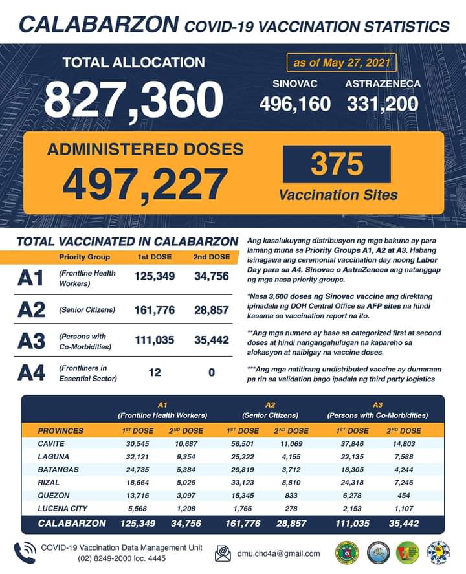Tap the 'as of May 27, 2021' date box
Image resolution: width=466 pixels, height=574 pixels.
pos(341,63)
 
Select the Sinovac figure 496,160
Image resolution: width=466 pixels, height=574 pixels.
pos(295,103)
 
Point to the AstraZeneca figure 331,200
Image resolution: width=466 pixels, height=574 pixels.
pos(382,103)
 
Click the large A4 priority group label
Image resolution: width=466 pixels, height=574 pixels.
pos(31,373)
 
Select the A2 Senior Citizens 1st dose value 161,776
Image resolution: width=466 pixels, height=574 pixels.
pos(155,310)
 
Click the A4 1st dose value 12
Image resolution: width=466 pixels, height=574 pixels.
pos(154,372)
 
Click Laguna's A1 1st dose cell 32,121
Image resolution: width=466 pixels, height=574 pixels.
pos(137,456)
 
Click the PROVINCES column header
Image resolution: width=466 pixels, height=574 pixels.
pos(61,430)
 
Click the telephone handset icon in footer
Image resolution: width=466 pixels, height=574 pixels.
pos(23,552)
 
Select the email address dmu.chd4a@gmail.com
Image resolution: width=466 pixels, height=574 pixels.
pos(279,553)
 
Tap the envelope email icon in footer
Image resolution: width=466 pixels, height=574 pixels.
pos(223,553)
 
